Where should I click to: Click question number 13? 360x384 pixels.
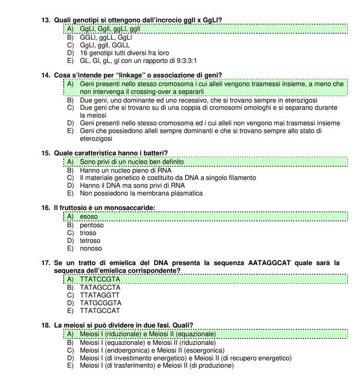(46, 20)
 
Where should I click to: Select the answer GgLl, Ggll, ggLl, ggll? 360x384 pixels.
(110, 29)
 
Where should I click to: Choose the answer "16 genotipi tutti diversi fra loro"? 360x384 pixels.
(124, 53)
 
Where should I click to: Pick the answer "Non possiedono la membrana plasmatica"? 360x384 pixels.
(141, 193)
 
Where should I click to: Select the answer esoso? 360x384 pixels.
(89, 217)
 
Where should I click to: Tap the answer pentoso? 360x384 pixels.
(91, 225)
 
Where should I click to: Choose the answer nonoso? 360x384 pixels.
(91, 248)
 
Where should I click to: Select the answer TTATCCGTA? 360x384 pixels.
(100, 279)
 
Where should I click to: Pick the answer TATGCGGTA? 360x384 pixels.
(101, 302)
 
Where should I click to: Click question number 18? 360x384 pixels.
(46, 325)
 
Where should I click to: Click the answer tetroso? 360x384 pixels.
(90, 241)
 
